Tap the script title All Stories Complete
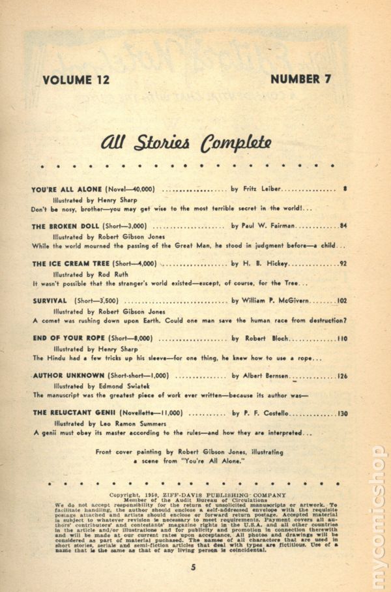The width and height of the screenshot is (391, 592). [x=186, y=143]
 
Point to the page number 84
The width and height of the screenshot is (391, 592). [x=343, y=226]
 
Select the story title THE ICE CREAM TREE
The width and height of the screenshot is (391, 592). [x=70, y=264]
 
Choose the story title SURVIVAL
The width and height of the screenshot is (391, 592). [x=50, y=301]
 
